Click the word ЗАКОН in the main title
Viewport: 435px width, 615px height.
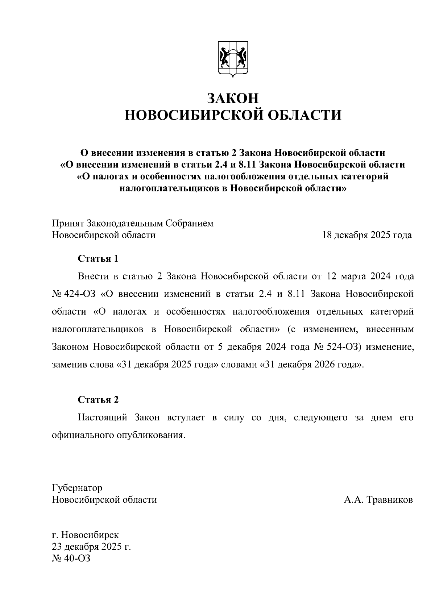[233, 99]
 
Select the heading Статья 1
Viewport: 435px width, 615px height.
[98, 259]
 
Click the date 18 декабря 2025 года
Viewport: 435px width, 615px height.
[367, 235]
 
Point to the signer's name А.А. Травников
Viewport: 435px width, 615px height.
[378, 500]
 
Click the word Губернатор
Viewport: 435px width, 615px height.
[77, 488]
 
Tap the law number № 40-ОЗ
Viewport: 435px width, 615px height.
[71, 558]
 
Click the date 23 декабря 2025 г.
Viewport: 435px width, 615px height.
[91, 547]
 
